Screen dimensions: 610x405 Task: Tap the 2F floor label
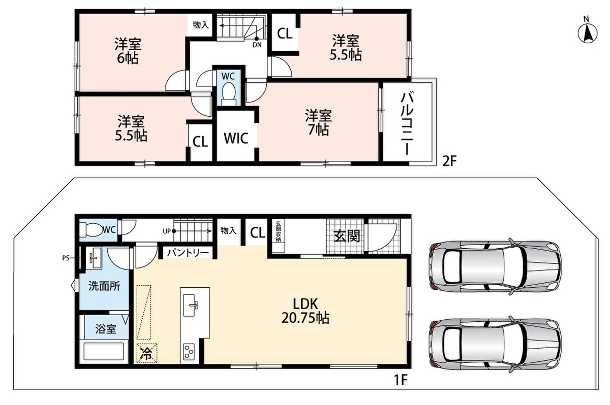449,162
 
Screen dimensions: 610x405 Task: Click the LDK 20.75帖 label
305,311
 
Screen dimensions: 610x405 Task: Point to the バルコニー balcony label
407,124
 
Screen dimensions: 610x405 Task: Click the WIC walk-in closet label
236,139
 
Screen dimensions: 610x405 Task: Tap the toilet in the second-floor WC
228,93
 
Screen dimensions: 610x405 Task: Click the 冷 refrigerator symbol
147,353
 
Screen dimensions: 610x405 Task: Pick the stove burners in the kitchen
189,352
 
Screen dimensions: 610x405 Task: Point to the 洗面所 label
104,286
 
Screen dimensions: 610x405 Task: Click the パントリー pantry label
188,253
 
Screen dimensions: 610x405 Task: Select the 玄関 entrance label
347,236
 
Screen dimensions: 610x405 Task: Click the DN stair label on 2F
257,45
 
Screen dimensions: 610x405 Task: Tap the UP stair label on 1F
167,231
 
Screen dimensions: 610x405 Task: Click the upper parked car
495,266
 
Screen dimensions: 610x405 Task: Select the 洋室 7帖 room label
318,123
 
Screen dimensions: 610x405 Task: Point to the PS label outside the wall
66,258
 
